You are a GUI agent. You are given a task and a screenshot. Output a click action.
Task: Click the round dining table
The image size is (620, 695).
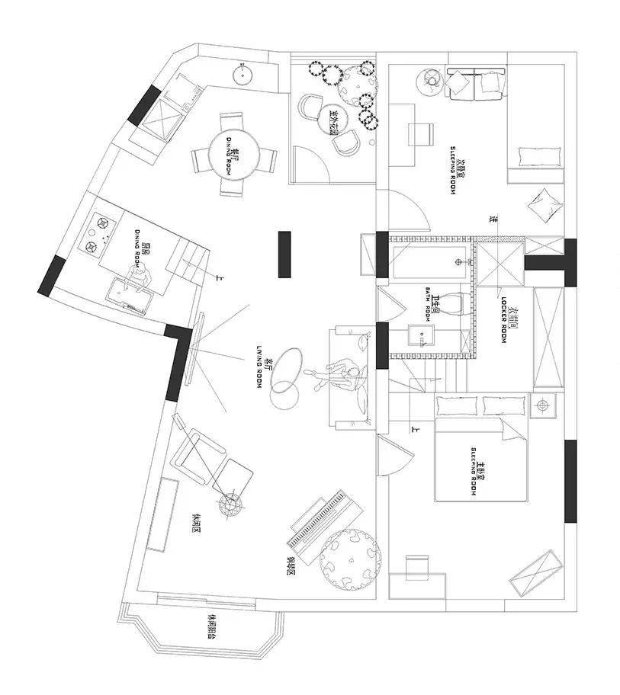pos(232,155)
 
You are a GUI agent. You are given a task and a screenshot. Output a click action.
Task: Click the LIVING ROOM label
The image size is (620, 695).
pos(260,367)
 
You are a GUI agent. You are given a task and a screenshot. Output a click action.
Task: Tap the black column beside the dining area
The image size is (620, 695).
pos(285,255)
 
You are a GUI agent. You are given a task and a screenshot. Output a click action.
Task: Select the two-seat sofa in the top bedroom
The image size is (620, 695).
pos(477,83)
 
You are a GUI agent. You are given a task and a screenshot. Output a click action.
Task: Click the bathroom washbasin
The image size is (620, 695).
pos(421,336)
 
